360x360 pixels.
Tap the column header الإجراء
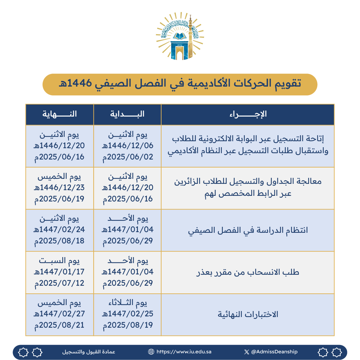248,114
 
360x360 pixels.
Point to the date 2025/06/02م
128,157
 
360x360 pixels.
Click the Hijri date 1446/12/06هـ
128,146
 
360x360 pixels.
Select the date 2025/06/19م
60,199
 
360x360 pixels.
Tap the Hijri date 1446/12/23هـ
60,188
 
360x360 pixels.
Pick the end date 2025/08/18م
60,240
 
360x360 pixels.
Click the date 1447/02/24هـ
60,229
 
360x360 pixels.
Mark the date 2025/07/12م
60,283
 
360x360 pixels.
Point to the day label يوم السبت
60,261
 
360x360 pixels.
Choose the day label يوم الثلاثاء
128,303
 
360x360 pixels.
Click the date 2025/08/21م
60,325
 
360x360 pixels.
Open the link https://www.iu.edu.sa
184,352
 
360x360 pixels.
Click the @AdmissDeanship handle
274,352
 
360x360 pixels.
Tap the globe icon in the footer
151,352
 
